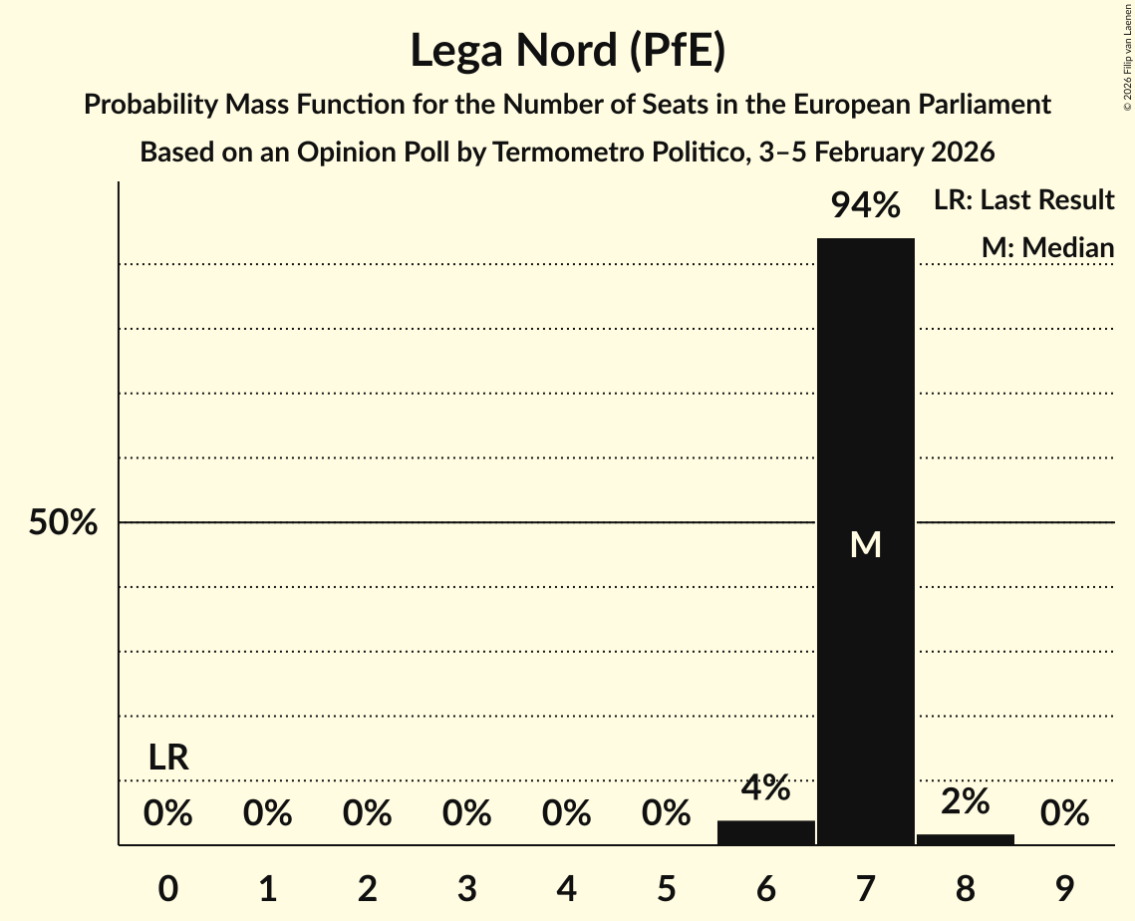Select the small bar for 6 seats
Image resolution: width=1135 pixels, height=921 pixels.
tap(765, 833)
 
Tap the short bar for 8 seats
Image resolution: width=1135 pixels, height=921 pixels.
tap(965, 839)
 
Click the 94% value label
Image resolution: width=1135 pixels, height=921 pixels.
tap(865, 206)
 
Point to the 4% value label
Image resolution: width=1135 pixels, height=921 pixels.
tap(765, 788)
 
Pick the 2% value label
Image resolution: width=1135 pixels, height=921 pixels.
tap(965, 801)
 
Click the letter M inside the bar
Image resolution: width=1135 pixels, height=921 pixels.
tap(865, 544)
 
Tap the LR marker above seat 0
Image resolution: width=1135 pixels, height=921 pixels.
tap(168, 758)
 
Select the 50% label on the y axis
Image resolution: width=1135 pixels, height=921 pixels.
tap(63, 522)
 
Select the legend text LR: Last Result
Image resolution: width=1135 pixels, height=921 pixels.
tap(1023, 200)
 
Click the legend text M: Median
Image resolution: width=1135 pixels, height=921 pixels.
tap(1047, 247)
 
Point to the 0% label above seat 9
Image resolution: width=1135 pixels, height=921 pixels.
tap(1064, 814)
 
